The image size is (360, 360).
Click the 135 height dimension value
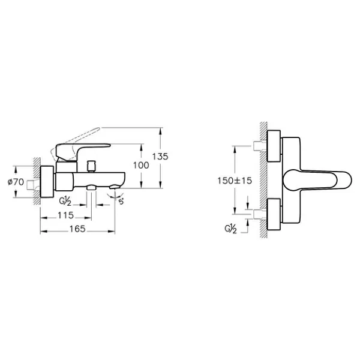click(160, 157)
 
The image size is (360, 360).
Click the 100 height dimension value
click(141, 166)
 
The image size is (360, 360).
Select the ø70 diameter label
click(16, 182)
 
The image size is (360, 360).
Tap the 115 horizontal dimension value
click(65, 215)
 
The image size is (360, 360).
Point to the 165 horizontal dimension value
click(77, 229)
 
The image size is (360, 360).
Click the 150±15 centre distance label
click(235, 181)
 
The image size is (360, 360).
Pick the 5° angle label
click(121, 202)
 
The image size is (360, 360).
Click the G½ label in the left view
click(65, 202)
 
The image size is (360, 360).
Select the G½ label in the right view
click(230, 229)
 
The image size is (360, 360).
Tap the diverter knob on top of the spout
click(91, 166)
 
